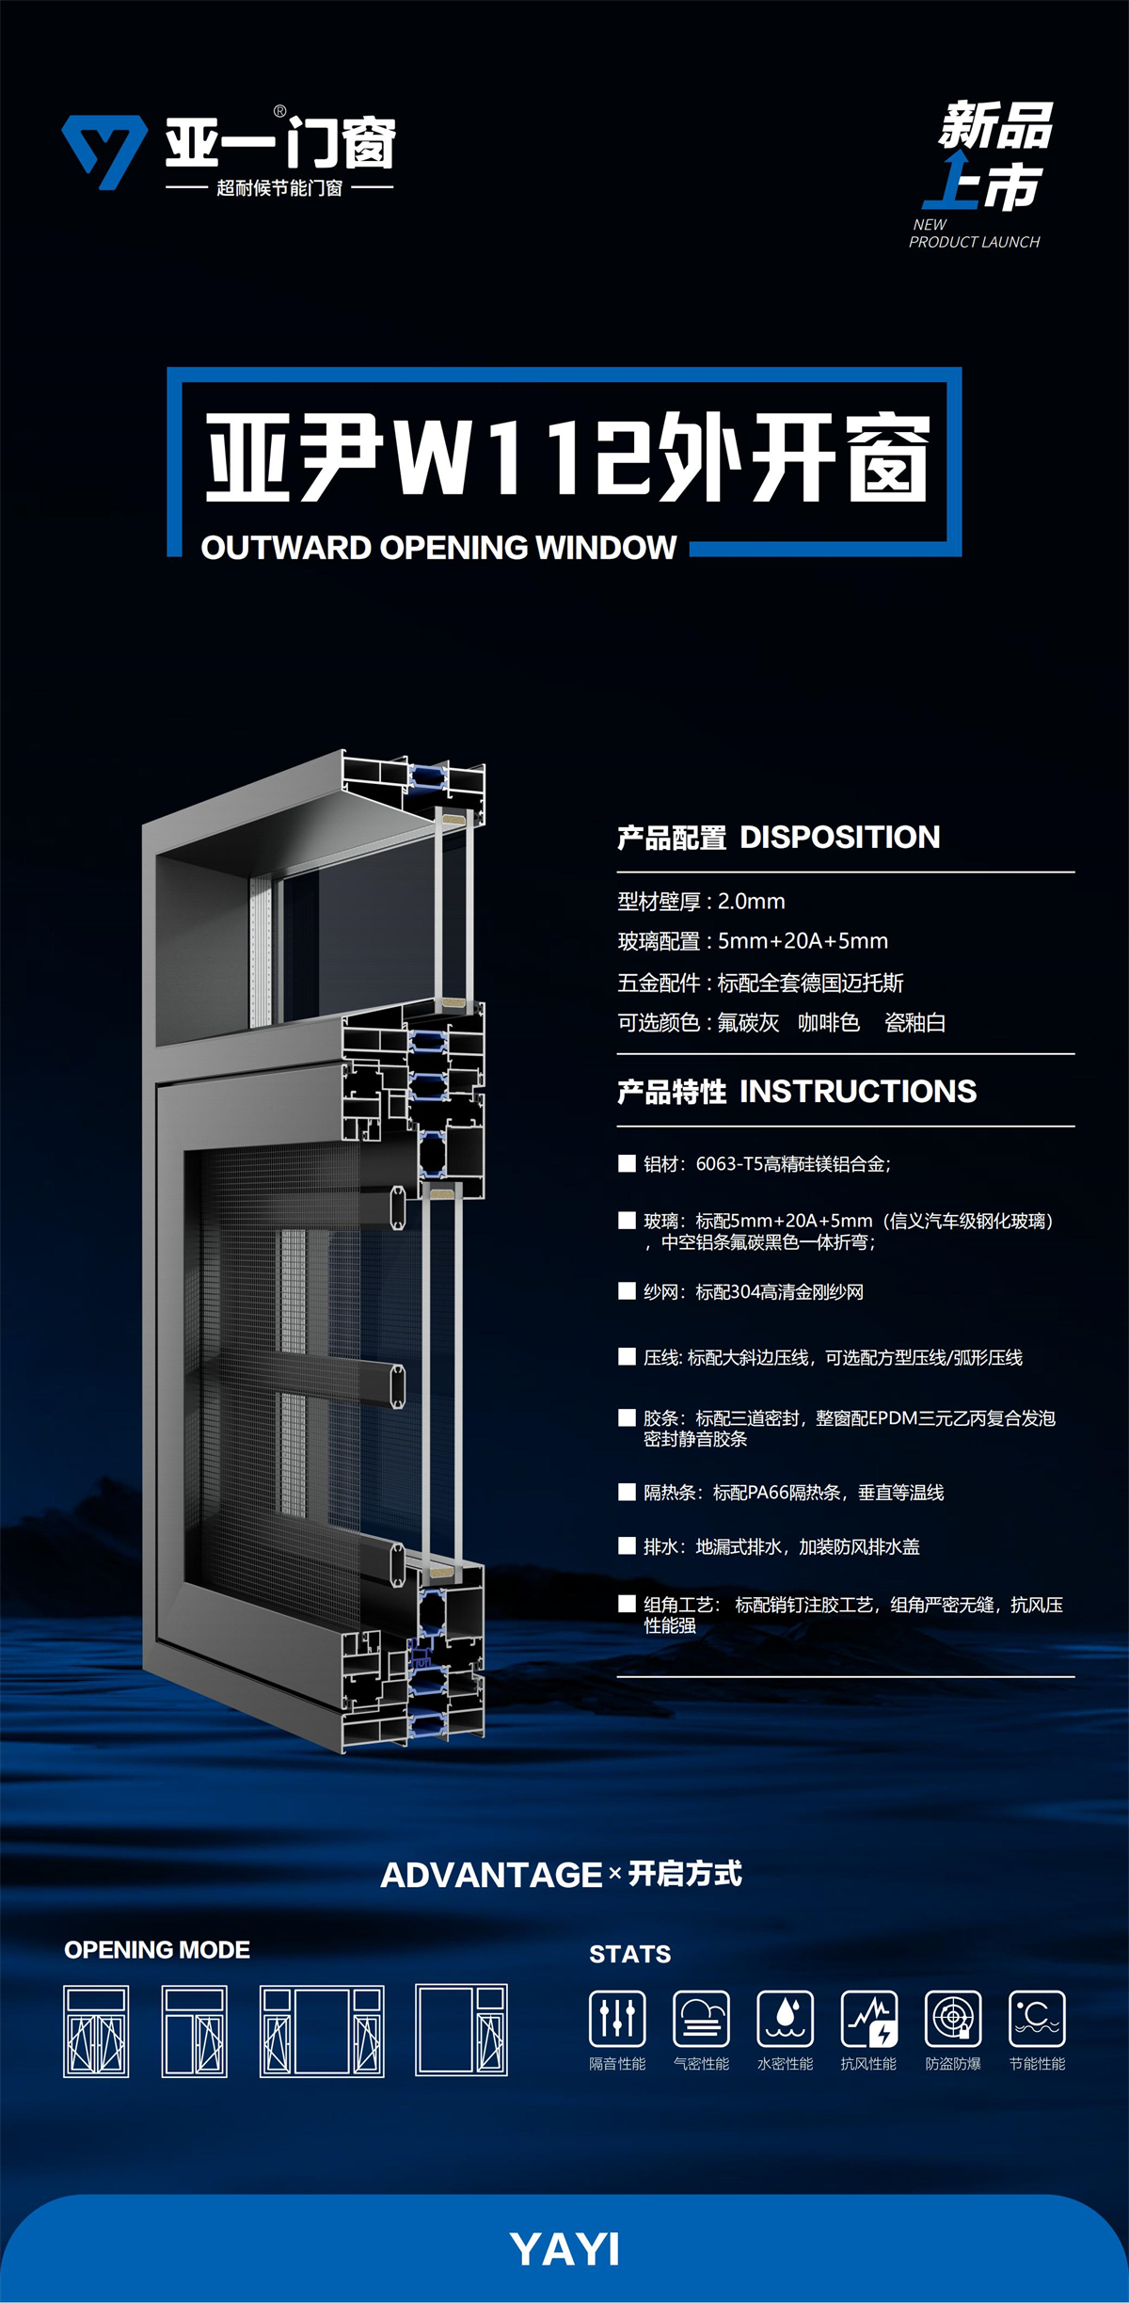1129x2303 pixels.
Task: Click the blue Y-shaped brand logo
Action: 104,151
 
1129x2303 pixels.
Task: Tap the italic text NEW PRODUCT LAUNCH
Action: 974,233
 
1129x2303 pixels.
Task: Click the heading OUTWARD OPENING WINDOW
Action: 438,548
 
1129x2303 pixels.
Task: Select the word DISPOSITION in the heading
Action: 839,837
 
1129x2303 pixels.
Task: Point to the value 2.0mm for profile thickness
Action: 751,902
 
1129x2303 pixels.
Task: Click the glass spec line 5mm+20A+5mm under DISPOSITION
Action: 803,941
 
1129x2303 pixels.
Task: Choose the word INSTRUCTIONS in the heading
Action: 858,1091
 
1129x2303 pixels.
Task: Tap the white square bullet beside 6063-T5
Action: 627,1163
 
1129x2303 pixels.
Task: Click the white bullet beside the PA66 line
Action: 627,1492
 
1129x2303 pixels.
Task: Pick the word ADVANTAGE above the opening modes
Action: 491,1875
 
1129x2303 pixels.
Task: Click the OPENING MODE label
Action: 157,1950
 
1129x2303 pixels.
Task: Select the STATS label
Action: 630,1955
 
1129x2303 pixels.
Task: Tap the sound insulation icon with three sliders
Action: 617,2018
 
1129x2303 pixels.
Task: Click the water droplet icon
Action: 786,2018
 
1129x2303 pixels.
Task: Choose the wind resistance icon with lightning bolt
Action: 869,2018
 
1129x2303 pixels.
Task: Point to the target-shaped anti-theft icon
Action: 953,2018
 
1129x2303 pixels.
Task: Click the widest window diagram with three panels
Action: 322,2031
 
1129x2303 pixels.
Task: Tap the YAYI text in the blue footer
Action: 564,2249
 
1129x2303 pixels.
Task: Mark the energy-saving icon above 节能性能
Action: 1037,2018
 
